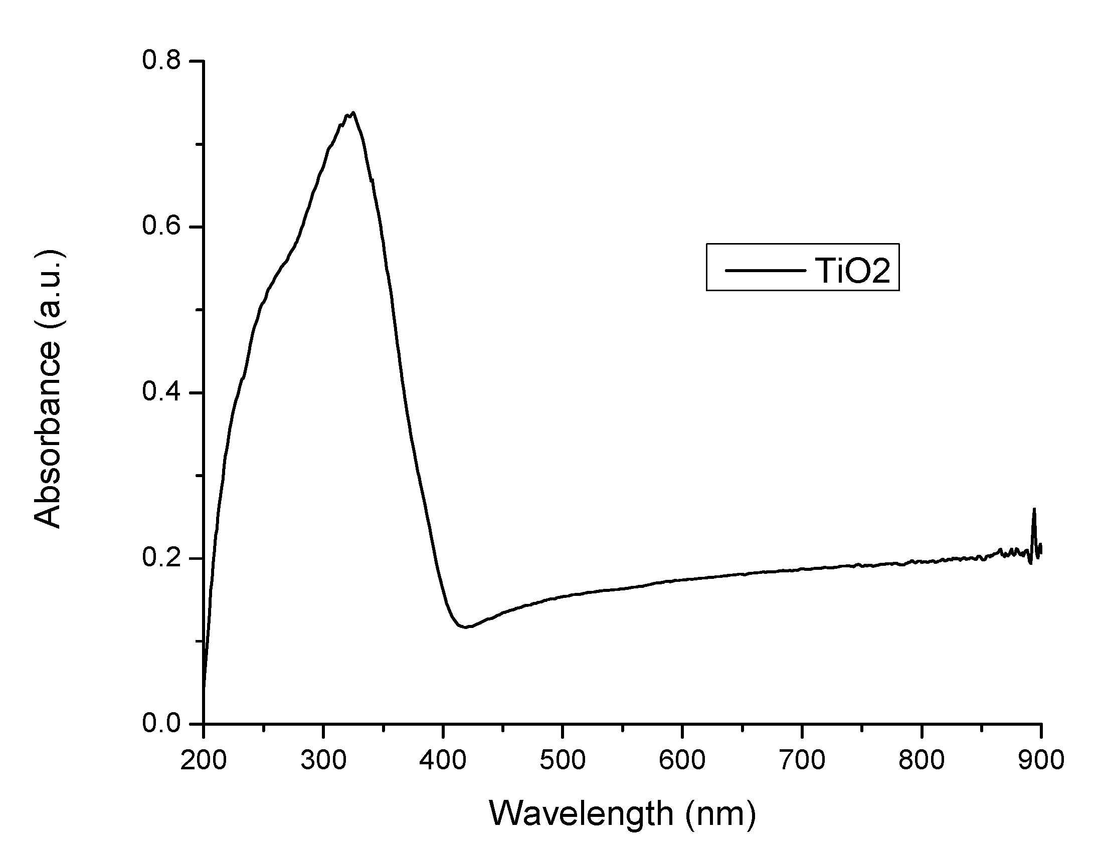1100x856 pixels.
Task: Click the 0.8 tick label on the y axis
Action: tap(160, 61)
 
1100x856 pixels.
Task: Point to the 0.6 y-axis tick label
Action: tap(160, 227)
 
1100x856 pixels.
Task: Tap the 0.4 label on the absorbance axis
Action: tap(160, 392)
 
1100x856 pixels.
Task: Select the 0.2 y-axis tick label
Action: tap(160, 558)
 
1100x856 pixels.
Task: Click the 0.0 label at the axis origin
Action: tap(160, 724)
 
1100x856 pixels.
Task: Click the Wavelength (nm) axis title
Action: tap(623, 815)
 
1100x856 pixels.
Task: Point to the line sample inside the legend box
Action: tap(764, 271)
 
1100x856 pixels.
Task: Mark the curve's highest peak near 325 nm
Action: tap(353, 113)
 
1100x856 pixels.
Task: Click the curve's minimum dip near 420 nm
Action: tap(466, 627)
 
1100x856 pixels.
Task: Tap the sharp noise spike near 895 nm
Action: tap(1034, 510)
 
